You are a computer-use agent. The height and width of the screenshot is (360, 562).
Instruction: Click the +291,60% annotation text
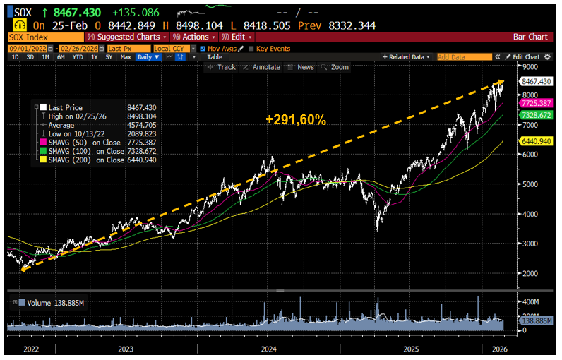coord(297,121)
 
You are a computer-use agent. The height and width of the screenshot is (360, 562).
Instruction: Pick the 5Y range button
coord(108,56)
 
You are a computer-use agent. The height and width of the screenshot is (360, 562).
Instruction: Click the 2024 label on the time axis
coord(268,349)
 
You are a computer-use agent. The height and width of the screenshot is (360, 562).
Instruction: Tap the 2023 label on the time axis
coord(126,349)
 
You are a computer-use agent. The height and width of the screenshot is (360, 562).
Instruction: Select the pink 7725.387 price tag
coord(536,103)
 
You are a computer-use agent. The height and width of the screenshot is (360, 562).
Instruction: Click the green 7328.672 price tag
coord(536,114)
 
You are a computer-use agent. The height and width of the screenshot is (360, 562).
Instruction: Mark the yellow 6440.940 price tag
coord(536,141)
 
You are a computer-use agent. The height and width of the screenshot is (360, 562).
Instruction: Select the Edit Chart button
coord(527,56)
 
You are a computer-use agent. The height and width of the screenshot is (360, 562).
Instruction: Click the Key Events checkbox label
coord(272,47)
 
